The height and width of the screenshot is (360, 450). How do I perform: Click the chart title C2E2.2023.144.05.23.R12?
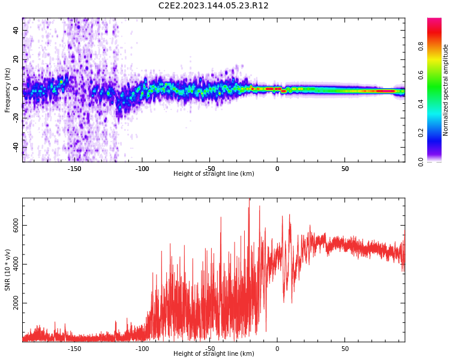[x=214, y=6]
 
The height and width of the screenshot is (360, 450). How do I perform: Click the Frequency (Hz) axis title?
[x=8, y=90]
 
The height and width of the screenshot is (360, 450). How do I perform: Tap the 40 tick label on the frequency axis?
[x=16, y=31]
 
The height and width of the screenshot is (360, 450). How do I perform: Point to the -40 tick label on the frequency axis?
[x=16, y=147]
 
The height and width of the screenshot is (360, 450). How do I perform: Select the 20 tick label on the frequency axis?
[x=16, y=59]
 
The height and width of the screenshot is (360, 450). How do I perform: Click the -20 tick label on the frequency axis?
[x=16, y=118]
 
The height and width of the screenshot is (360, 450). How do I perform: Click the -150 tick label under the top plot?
[x=74, y=169]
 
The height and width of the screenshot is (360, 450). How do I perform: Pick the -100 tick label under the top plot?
[x=142, y=169]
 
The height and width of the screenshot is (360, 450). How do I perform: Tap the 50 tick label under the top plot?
[x=345, y=169]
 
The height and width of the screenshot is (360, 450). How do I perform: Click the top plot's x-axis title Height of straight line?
[x=214, y=174]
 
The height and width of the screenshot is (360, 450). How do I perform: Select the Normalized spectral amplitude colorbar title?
[x=446, y=90]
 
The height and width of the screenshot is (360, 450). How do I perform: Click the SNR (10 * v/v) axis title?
[x=8, y=270]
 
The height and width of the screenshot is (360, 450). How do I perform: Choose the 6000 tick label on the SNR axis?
[x=16, y=226]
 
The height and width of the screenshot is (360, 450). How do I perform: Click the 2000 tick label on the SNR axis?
[x=16, y=304]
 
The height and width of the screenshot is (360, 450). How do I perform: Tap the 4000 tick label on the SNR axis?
[x=16, y=265]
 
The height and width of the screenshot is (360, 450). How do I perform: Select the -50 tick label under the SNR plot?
[x=210, y=349]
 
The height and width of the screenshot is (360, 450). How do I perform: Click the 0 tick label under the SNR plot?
[x=277, y=349]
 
